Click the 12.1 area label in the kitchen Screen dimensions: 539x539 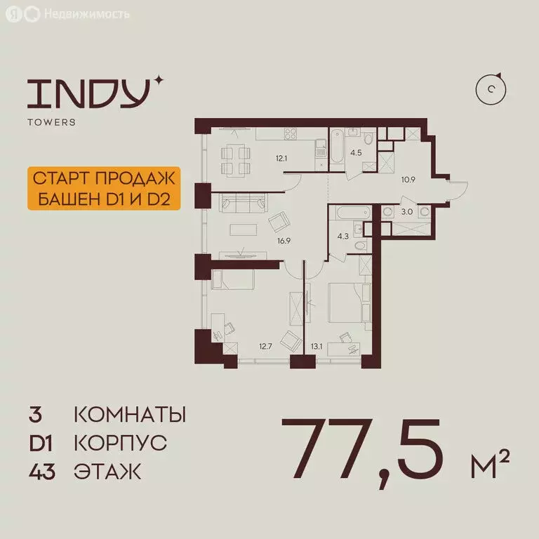tap(281, 159)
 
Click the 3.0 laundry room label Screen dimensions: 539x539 tap(406, 211)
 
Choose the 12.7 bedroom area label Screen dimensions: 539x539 tap(265, 345)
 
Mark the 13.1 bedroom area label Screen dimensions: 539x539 tap(317, 345)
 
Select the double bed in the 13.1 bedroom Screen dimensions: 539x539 tap(345, 303)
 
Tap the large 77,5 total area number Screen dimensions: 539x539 tap(364, 446)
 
